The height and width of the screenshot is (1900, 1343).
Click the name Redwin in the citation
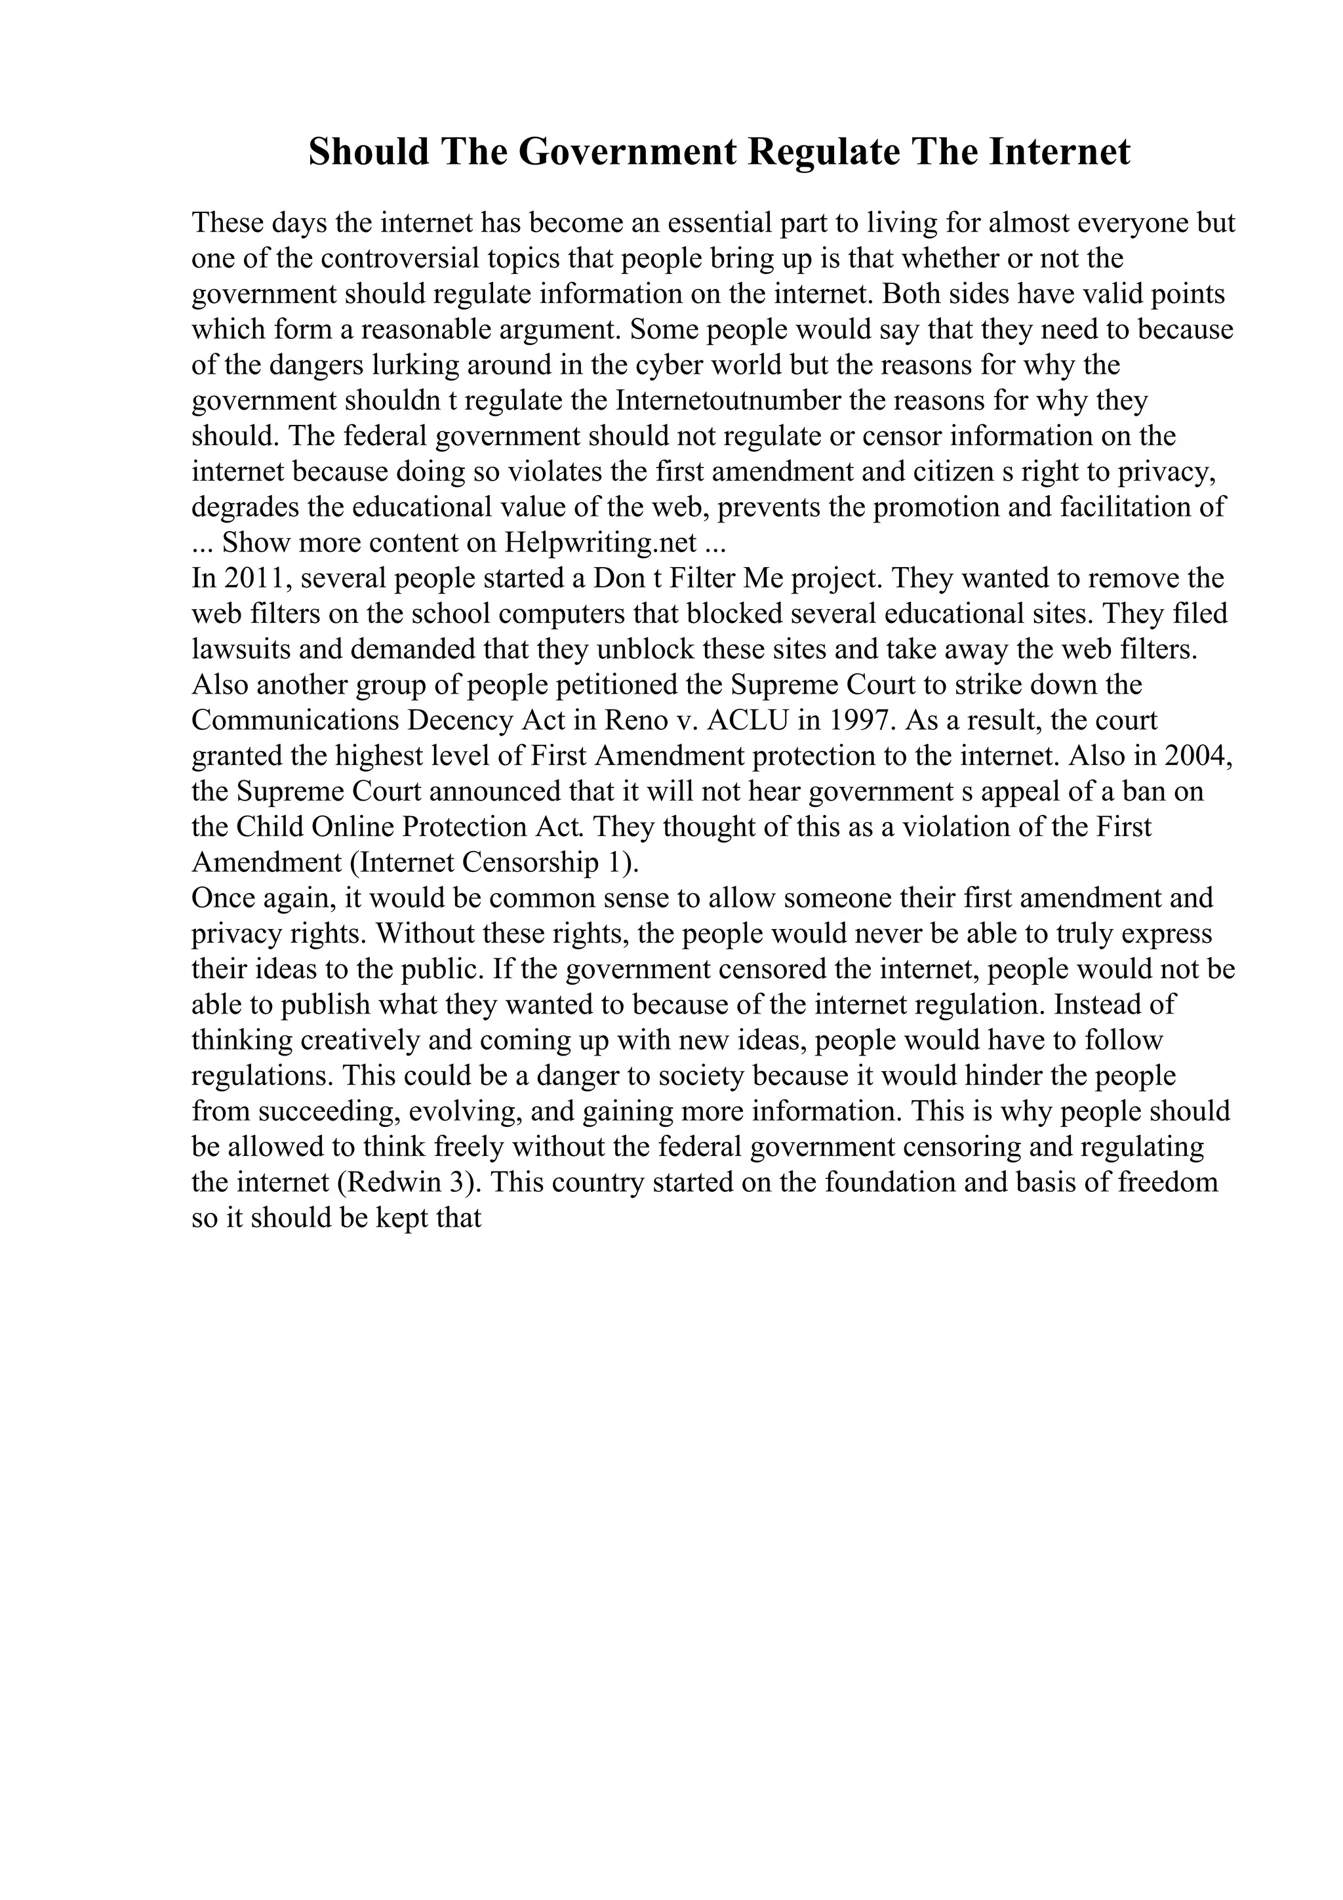pyautogui.click(x=398, y=1181)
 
